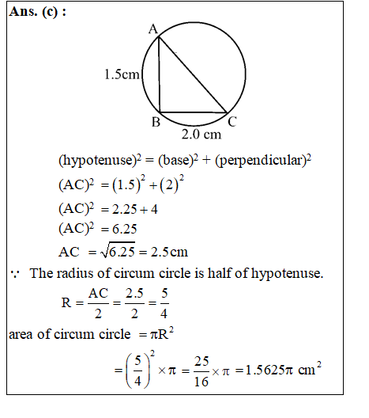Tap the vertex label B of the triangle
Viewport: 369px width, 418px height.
tap(156, 123)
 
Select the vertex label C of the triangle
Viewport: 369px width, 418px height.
tap(232, 122)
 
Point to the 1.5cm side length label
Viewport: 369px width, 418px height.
tap(122, 75)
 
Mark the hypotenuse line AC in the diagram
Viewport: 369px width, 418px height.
tap(194, 74)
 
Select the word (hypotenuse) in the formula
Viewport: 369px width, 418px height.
tap(93, 161)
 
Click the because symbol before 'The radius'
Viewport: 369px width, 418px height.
tap(15, 274)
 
